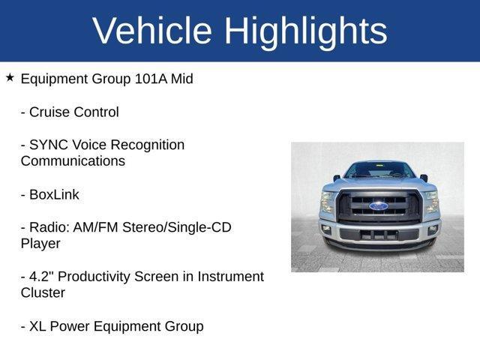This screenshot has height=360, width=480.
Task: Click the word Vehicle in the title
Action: click(x=152, y=31)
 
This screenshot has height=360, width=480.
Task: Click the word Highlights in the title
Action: click(x=305, y=31)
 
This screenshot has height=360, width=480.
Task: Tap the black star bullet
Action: click(x=10, y=78)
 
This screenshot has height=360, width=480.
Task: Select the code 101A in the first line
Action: click(x=153, y=79)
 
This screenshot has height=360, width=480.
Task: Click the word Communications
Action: click(x=73, y=161)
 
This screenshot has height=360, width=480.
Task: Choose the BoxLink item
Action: click(x=53, y=194)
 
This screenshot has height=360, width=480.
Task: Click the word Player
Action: click(x=40, y=244)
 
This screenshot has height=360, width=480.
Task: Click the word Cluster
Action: click(x=43, y=293)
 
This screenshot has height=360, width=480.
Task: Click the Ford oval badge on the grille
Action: click(x=379, y=205)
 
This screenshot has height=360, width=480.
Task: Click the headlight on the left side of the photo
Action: click(x=328, y=202)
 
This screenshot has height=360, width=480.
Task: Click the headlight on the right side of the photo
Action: click(x=430, y=202)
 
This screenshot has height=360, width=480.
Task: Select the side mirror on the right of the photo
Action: click(x=424, y=178)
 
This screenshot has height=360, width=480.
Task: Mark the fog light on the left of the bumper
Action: click(x=326, y=229)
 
